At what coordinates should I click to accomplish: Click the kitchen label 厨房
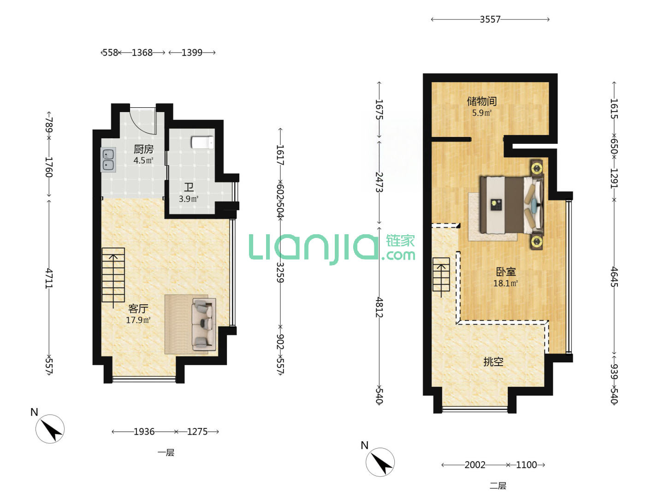point(143,149)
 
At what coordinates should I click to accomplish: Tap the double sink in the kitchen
point(108,160)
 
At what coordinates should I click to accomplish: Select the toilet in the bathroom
point(202,143)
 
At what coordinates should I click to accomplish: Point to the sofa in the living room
point(203,325)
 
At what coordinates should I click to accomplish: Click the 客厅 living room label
point(138,309)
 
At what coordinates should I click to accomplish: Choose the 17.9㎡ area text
point(138,320)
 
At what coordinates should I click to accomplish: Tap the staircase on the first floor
point(113,275)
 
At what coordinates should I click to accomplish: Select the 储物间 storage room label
point(482,101)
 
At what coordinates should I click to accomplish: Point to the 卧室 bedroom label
point(506,272)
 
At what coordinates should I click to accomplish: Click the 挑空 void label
point(493,362)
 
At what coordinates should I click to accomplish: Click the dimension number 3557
point(490,19)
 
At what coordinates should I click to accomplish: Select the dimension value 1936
point(144,432)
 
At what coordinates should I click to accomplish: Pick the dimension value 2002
point(475,465)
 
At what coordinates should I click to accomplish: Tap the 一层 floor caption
point(166,453)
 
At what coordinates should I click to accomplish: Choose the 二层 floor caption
point(498,486)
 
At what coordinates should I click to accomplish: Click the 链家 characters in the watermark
point(400,241)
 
